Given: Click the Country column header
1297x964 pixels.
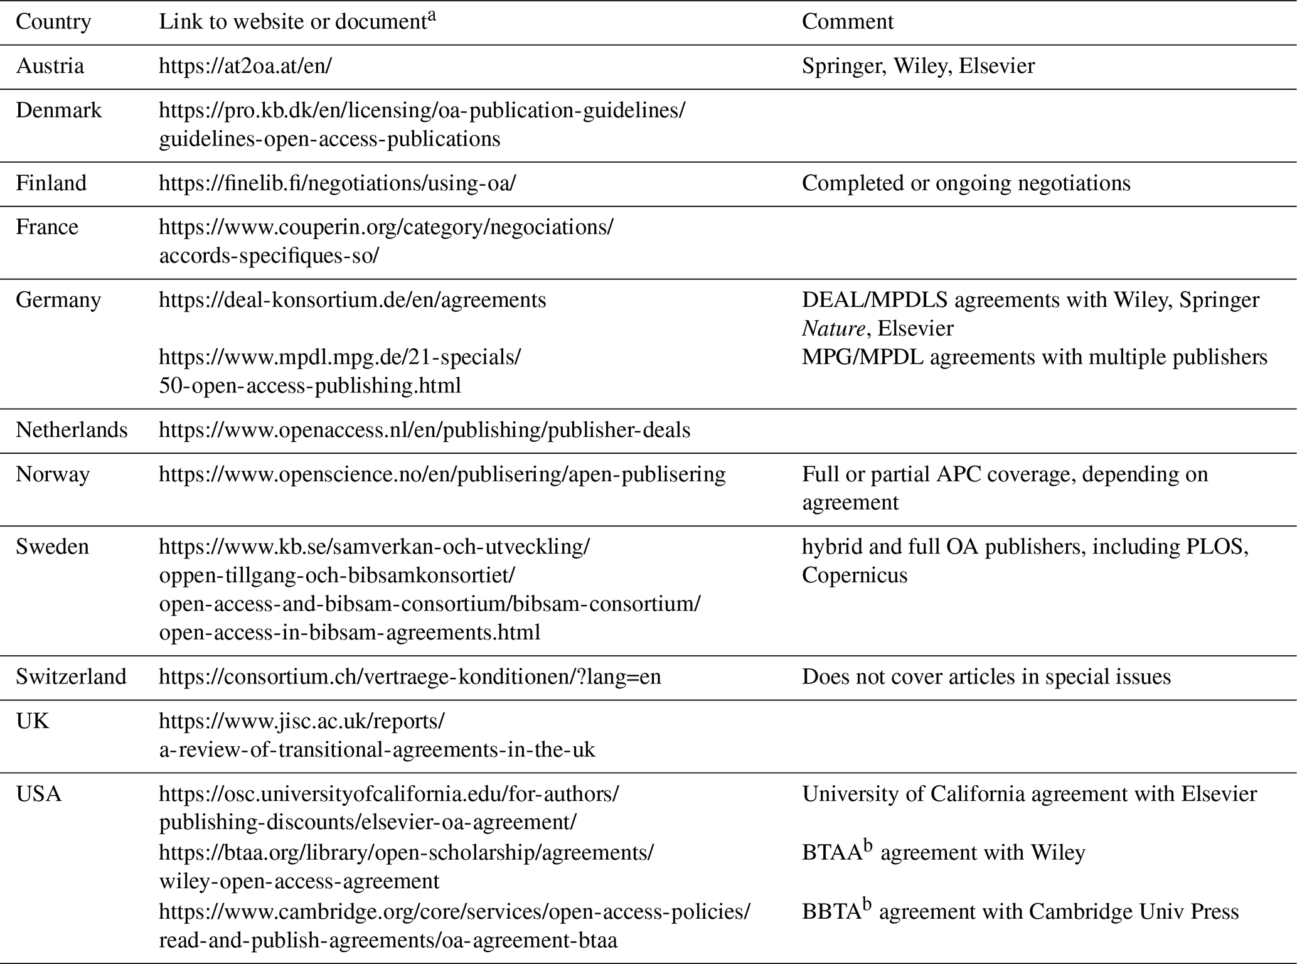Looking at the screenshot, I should [53, 22].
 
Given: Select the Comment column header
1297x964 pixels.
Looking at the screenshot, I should [847, 22].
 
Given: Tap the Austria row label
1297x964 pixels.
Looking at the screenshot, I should [50, 66].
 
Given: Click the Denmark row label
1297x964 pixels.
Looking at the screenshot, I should [58, 110].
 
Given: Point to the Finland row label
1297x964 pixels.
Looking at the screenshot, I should [51, 183].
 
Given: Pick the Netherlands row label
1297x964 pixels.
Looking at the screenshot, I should [72, 430].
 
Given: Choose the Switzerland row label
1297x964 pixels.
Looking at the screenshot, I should [71, 677].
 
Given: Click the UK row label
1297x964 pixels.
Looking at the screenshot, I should [32, 721].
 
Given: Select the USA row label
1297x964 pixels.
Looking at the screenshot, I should [38, 794].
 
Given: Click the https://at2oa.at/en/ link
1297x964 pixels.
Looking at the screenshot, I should [245, 66].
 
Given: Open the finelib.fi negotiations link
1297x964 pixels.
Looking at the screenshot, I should [337, 183].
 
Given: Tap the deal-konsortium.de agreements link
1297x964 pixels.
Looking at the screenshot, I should [352, 300].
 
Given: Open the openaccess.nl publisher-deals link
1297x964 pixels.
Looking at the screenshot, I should [424, 430].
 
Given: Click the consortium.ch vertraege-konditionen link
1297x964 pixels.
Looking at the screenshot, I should [410, 677].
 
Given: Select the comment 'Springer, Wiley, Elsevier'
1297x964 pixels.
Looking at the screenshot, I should [918, 66].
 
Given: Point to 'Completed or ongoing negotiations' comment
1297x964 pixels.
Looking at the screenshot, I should [966, 183].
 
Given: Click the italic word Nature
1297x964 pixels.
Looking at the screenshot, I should [833, 328].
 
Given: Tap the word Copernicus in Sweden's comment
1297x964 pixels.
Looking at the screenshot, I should [855, 576].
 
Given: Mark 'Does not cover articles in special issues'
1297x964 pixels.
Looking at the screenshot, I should [986, 677].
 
